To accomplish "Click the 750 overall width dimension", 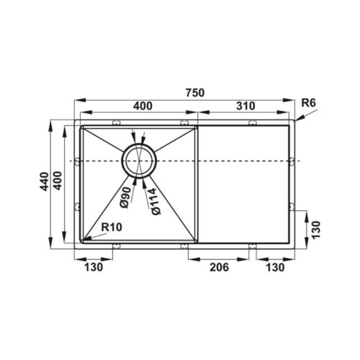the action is tap(195, 93).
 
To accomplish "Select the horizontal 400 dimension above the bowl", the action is tap(143, 106).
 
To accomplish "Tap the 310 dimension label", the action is tap(246, 106).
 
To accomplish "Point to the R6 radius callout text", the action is tap(308, 103).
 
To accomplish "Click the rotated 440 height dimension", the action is tap(44, 181).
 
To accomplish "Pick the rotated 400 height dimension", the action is tap(58, 181).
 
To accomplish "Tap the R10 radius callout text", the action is tap(112, 227).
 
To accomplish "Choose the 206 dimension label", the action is tap(220, 267).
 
